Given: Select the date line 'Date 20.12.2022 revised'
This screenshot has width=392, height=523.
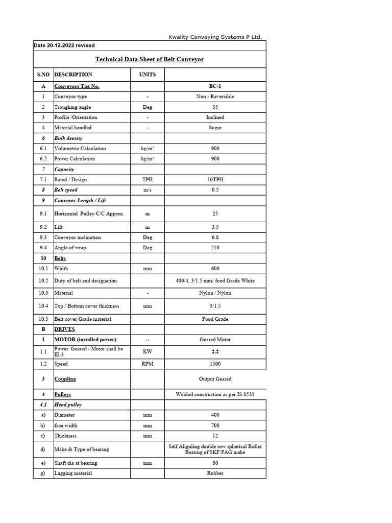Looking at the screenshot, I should [x=64, y=45].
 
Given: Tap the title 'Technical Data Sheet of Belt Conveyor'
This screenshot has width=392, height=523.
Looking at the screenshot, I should [x=150, y=59].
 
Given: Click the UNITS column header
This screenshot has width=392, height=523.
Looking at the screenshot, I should [x=148, y=75].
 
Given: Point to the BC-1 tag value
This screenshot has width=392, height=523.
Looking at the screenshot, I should [x=215, y=86].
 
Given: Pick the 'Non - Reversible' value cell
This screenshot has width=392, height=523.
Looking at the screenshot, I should [x=215, y=97].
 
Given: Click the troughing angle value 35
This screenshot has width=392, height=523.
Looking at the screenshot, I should [x=215, y=107].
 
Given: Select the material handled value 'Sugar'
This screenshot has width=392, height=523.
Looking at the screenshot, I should [x=215, y=128].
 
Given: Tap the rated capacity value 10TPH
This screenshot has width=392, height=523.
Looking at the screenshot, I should [x=215, y=179].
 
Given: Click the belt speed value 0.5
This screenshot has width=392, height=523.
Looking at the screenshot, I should [x=215, y=190].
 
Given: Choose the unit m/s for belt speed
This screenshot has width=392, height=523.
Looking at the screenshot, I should [x=148, y=190].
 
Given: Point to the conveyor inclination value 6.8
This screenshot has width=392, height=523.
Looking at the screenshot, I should [x=215, y=237].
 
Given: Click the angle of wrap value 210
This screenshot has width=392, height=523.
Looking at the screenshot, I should [x=215, y=248].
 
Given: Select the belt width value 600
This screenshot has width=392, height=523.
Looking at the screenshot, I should [x=215, y=268].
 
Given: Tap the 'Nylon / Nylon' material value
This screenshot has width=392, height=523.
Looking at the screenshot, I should [x=215, y=293].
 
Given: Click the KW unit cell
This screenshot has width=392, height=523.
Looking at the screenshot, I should [x=148, y=352].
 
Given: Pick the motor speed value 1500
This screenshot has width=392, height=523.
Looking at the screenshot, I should [x=215, y=364].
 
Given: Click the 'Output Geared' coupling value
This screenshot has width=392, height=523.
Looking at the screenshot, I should [x=215, y=379].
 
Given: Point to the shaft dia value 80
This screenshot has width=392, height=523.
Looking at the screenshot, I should [x=215, y=463].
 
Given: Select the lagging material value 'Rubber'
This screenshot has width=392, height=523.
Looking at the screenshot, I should [x=215, y=473].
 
